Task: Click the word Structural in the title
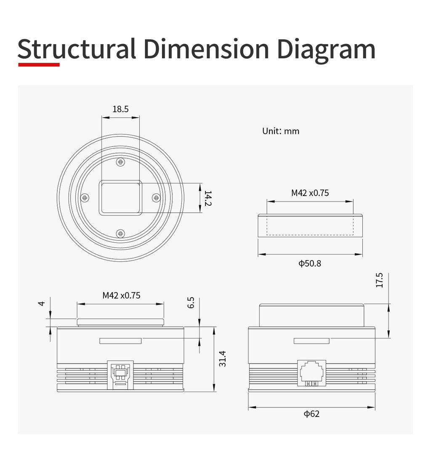(77, 48)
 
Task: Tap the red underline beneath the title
(39, 64)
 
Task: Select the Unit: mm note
(281, 131)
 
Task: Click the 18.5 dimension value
(120, 109)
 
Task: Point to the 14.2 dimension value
(208, 198)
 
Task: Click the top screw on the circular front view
(120, 162)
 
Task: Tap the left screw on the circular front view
(85, 198)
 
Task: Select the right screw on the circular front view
(156, 198)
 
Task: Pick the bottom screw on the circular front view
(120, 234)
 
